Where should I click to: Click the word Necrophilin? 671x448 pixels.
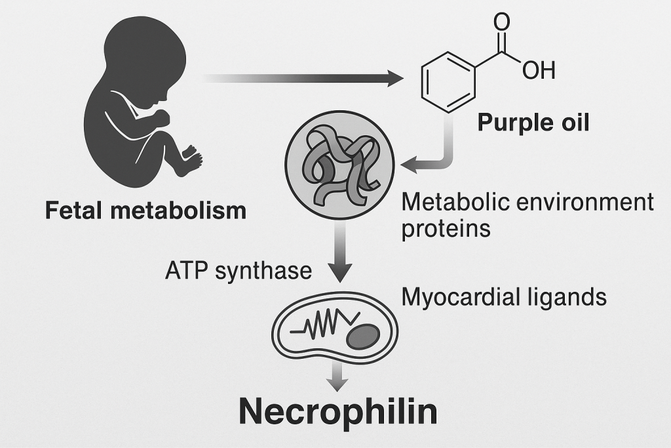coord(337,411)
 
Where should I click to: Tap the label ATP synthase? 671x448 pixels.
coord(239,271)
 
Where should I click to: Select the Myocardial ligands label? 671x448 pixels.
coord(504,297)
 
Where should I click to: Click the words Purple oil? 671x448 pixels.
coord(533,123)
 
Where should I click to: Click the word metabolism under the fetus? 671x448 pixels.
coord(178,211)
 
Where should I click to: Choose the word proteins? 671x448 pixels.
coord(446,229)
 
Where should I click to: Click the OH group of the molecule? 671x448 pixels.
coord(539,70)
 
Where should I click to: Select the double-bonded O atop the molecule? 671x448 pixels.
coord(501,22)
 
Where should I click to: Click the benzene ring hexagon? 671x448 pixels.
coord(448,82)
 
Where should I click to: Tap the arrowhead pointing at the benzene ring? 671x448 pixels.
coord(395,78)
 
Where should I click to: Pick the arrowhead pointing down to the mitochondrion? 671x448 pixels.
coord(340,273)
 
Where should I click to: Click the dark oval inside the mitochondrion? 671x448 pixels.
coord(363,336)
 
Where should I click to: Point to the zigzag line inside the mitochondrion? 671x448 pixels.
coord(325,324)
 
